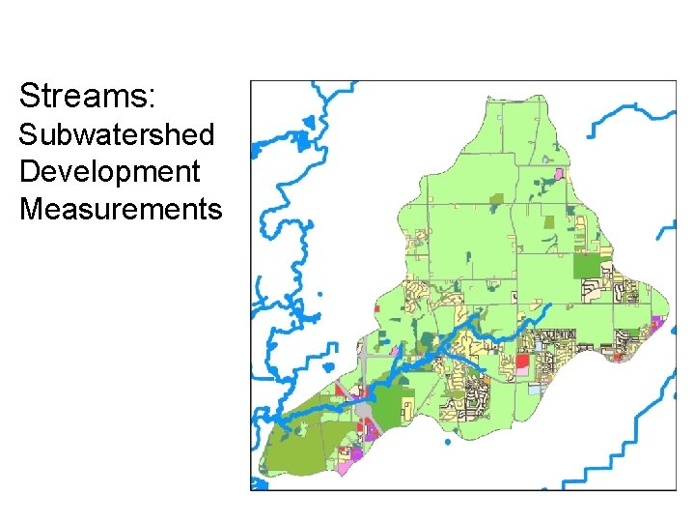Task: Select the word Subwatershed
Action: point(116,134)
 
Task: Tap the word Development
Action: point(109,171)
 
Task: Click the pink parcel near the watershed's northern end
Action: point(558,174)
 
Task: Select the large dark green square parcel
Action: point(586,265)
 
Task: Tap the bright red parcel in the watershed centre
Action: point(522,361)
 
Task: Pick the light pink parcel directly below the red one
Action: point(522,373)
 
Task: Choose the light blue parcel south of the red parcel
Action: point(534,389)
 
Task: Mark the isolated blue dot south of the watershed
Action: point(448,442)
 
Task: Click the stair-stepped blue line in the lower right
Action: point(618,445)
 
